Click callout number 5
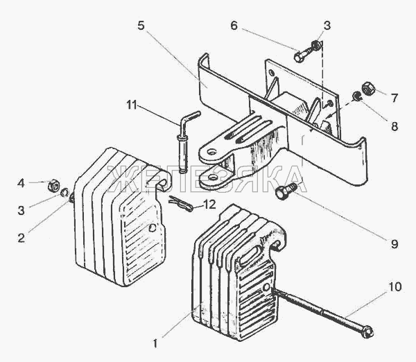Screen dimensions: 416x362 coord(141,26)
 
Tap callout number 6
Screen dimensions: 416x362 coord(234,26)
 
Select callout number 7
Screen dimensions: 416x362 coord(395,98)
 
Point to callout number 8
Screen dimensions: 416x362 coord(395,126)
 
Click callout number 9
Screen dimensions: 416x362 coord(395,243)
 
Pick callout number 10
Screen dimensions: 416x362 coord(395,287)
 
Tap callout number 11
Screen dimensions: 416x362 coord(131,105)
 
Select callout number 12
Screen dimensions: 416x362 coord(209,205)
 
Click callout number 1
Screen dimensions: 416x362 coord(155,344)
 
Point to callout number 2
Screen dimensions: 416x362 coord(21,238)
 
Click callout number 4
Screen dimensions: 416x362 coord(21,183)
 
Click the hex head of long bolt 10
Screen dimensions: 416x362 coord(367,332)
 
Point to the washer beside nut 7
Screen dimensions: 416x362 coord(357,96)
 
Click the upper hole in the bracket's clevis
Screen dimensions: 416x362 coord(211,153)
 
